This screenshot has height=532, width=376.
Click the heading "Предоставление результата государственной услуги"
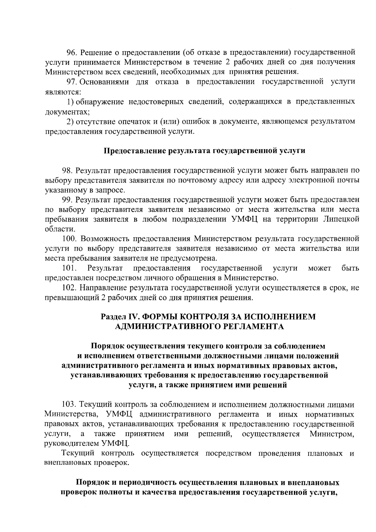(204, 151)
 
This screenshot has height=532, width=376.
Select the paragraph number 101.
(69, 268)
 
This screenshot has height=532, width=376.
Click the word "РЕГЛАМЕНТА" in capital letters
(254, 327)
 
